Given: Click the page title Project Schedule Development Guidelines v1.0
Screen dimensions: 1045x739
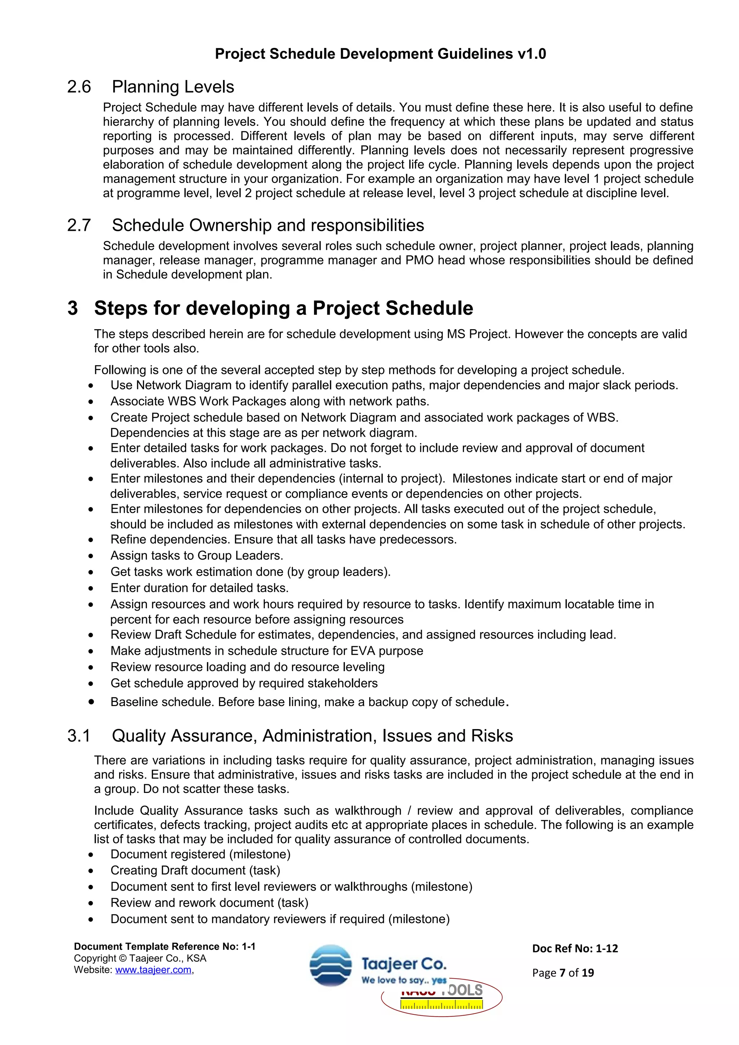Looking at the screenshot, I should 380,54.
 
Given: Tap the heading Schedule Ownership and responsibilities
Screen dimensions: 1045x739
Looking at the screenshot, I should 268,225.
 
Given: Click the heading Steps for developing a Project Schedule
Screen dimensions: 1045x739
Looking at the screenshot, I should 283,308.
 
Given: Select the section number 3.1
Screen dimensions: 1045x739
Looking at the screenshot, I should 79,736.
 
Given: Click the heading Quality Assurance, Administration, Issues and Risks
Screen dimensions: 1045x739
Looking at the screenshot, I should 312,736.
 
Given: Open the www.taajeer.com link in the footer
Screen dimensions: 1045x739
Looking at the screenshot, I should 153,970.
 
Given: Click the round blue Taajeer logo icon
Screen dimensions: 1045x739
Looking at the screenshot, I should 331,965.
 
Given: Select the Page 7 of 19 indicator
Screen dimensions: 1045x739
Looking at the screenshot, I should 563,973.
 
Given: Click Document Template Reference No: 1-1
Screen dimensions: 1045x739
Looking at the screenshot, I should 165,947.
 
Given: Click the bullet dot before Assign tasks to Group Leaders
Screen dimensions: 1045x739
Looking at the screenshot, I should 91,556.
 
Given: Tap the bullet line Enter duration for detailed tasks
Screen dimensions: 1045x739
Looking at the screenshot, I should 200,588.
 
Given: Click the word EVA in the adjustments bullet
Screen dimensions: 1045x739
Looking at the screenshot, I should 363,651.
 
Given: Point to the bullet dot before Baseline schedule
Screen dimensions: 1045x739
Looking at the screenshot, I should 91,702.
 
